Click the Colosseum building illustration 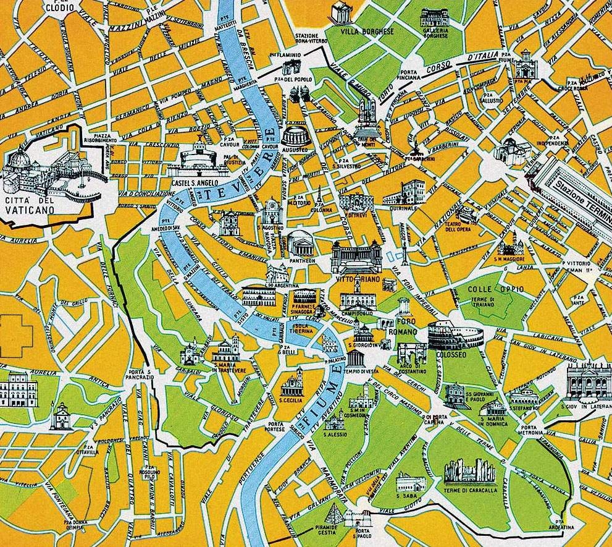click(456, 335)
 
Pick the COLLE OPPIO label click(487, 289)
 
